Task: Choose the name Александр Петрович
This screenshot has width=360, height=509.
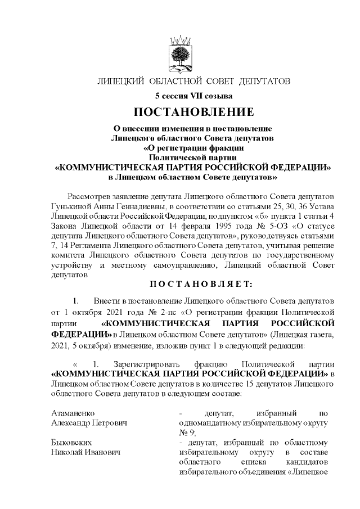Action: (x=89, y=422)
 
